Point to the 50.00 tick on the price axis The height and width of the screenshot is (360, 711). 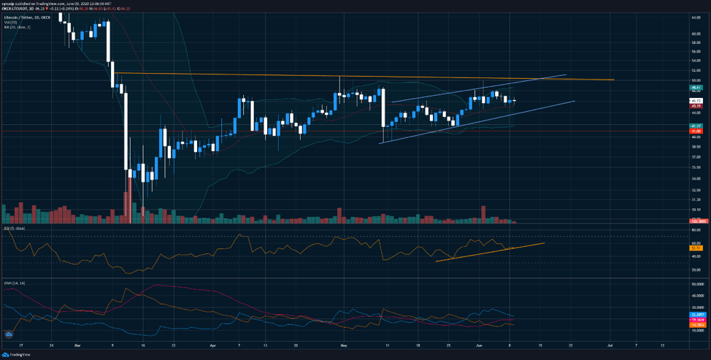pyautogui.click(x=696, y=80)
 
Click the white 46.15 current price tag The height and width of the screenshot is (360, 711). pyautogui.click(x=696, y=101)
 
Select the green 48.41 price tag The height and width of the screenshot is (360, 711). pyautogui.click(x=696, y=87)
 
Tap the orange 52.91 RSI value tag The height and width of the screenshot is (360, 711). pyautogui.click(x=696, y=248)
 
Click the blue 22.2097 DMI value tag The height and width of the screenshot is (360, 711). pyautogui.click(x=696, y=314)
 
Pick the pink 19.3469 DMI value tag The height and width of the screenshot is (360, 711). pyautogui.click(x=696, y=319)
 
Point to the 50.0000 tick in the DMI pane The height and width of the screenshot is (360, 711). pyautogui.click(x=696, y=283)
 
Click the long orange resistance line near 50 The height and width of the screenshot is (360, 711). pyautogui.click(x=365, y=76)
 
